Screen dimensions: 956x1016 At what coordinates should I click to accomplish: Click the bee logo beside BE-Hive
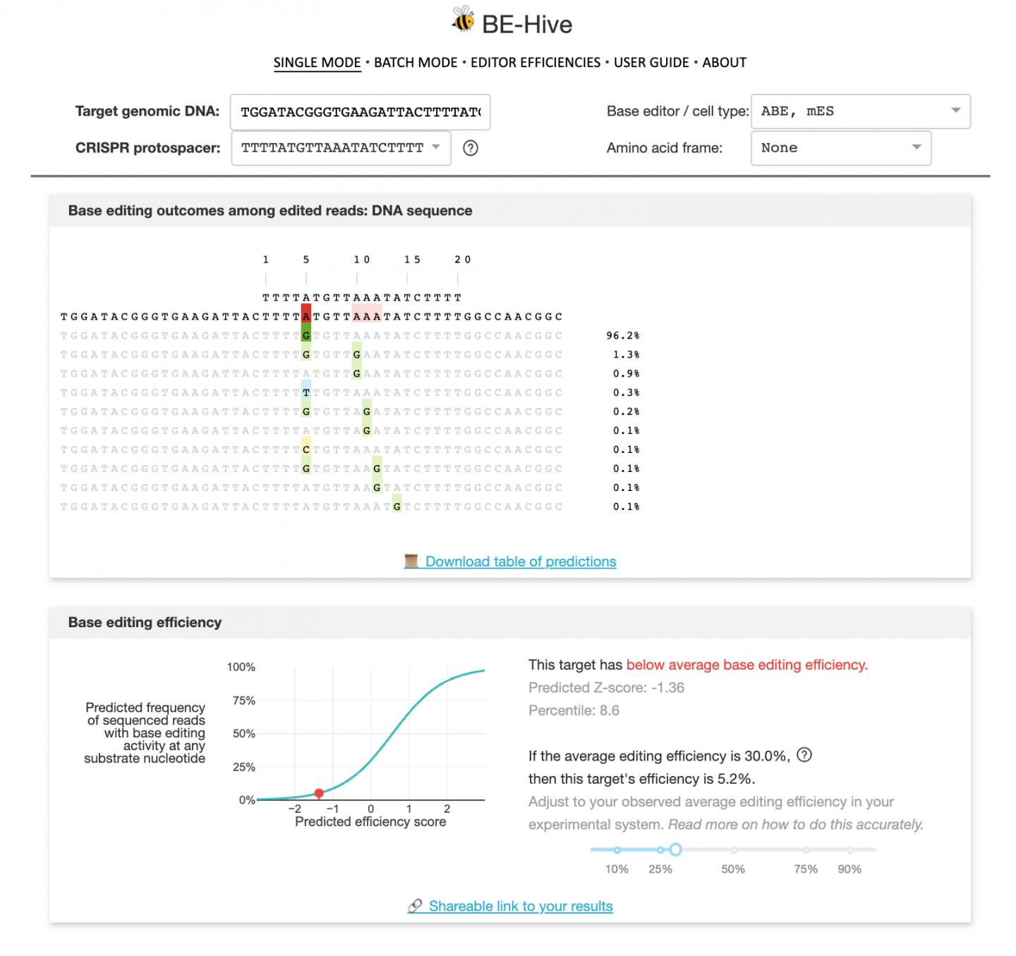click(x=463, y=20)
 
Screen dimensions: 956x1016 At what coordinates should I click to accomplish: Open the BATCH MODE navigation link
click(x=416, y=62)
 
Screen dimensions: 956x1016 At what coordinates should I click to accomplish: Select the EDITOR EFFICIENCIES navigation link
click(x=536, y=62)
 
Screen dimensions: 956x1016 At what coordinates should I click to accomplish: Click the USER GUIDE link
click(x=651, y=62)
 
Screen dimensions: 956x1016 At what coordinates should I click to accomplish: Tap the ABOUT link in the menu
click(x=724, y=62)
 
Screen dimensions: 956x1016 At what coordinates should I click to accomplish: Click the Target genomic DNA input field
click(x=360, y=112)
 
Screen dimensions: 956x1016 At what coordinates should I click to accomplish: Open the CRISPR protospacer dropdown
click(x=341, y=148)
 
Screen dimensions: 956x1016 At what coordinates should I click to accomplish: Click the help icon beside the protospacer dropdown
click(x=471, y=148)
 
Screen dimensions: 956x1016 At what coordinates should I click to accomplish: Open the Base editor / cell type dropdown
click(x=860, y=111)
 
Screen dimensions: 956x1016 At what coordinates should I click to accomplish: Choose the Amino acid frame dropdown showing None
click(x=840, y=148)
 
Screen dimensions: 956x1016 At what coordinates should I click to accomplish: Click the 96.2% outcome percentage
click(x=622, y=336)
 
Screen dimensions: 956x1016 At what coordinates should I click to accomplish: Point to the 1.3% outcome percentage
click(x=626, y=355)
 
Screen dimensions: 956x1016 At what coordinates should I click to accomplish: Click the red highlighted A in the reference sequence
click(x=306, y=316)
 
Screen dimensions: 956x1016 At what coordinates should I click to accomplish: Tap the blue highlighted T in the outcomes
click(x=306, y=392)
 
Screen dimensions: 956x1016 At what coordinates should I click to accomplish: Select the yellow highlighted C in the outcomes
click(x=306, y=449)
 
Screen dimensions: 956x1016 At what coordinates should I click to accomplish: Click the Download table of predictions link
click(x=520, y=562)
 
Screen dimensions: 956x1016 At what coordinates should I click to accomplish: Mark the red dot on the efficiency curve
click(x=319, y=794)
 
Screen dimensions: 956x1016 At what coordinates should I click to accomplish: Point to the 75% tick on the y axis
click(x=244, y=701)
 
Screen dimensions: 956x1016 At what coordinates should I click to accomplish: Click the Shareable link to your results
click(x=520, y=906)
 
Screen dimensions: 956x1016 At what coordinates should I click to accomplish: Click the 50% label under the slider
click(x=733, y=869)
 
